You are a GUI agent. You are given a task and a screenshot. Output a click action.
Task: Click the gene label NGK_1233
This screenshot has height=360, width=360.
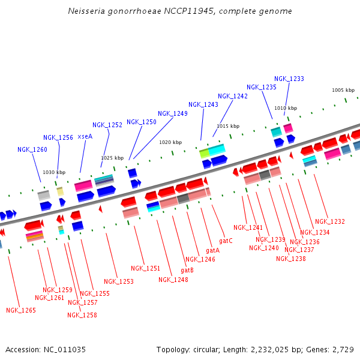tap(289, 79)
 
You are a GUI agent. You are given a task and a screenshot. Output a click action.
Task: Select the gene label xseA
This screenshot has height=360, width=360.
tap(85, 137)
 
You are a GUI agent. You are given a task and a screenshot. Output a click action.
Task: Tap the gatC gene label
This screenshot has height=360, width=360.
tap(226, 241)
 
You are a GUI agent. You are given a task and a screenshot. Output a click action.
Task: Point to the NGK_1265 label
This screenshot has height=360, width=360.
tap(21, 310)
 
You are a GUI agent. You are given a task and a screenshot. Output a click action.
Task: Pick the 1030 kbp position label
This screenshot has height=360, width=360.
tap(54, 172)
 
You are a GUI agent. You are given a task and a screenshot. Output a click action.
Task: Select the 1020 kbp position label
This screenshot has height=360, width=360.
tap(170, 142)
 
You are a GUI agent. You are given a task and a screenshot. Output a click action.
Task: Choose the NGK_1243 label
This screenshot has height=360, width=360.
tap(203, 104)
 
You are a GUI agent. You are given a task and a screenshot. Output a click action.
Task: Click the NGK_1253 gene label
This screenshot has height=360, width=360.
tap(119, 281)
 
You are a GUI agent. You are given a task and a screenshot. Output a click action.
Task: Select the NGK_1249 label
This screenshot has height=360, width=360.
tap(173, 113)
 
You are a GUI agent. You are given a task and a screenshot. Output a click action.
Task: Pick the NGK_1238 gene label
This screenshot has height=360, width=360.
tap(291, 259)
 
